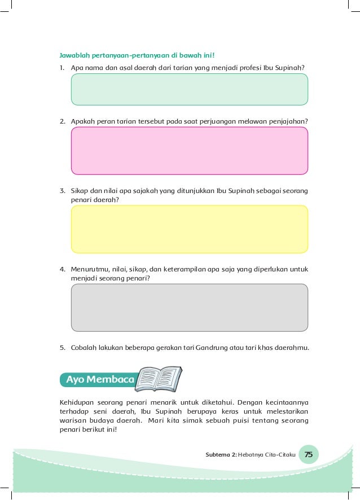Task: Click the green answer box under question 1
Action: point(189,89)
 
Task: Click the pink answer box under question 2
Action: point(189,151)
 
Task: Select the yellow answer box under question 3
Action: point(189,229)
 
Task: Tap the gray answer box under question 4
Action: point(189,308)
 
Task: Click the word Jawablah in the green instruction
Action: point(76,55)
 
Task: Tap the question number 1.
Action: point(63,68)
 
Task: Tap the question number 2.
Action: point(63,121)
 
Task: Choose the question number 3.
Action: point(63,191)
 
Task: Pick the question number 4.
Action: point(63,269)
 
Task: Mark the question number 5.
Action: point(63,347)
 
